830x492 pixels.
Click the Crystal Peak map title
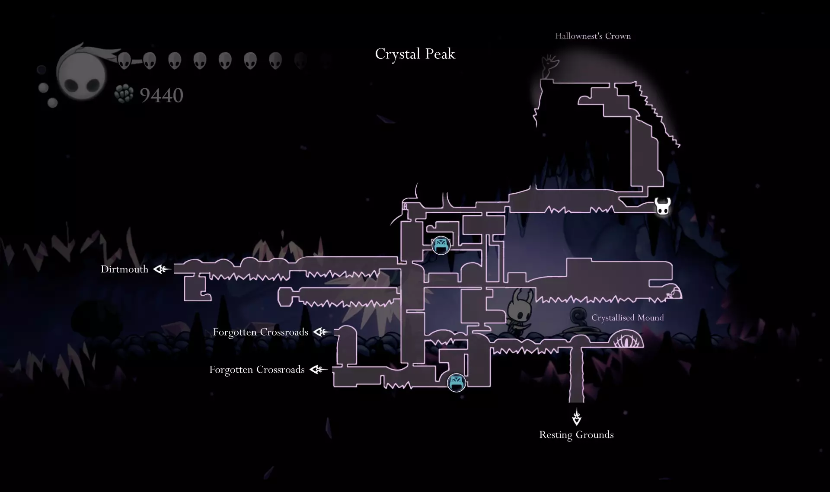coord(415,54)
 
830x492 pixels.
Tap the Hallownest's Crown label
coord(593,36)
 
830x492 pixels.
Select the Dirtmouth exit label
coord(124,269)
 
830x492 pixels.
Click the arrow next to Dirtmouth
coord(162,269)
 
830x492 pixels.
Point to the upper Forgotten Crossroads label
coord(261,332)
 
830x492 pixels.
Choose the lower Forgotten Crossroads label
coord(257,370)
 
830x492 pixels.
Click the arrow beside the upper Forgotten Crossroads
coord(322,332)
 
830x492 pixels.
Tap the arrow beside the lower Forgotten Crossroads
coord(319,370)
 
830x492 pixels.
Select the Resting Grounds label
coord(576,434)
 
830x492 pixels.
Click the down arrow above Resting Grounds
coord(577,416)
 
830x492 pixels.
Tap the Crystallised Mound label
coord(627,318)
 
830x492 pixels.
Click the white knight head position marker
coord(662,206)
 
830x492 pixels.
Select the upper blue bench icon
coord(441,246)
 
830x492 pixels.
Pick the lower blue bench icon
coord(456,382)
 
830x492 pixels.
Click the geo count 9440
coord(162,96)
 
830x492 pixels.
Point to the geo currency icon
coord(124,94)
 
